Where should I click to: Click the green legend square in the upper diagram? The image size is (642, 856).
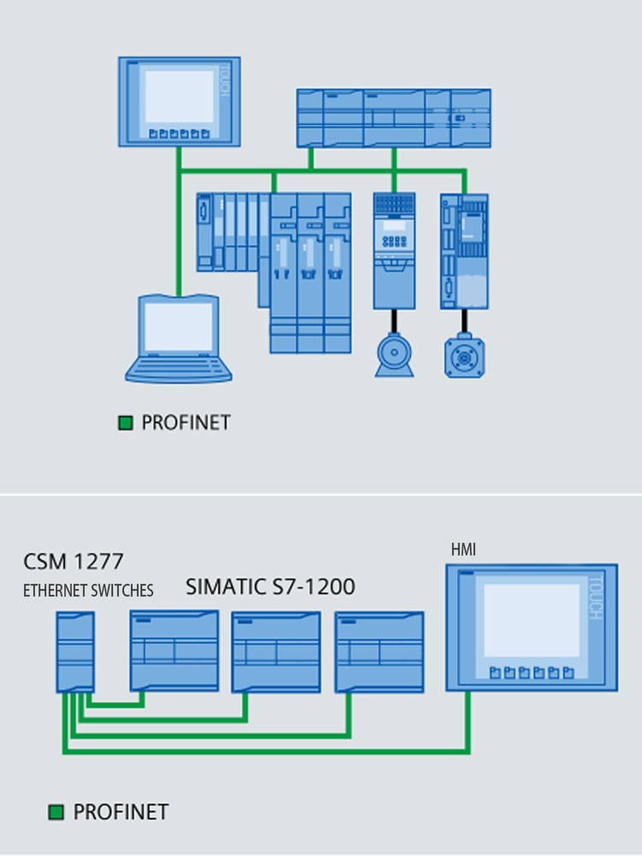(126, 422)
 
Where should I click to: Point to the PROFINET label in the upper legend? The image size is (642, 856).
(186, 422)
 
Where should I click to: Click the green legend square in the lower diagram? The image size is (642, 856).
(57, 811)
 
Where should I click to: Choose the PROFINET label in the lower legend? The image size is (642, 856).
(121, 811)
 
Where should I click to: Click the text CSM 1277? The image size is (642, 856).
(74, 562)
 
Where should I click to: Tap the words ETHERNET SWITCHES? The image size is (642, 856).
(88, 591)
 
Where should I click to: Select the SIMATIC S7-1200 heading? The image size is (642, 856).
(270, 587)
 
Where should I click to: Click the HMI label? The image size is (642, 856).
(463, 550)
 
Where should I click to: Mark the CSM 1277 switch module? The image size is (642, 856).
(74, 651)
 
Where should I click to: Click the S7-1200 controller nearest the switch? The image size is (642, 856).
(175, 651)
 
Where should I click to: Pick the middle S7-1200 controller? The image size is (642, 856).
(276, 651)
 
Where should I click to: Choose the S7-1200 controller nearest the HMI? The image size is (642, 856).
(379, 651)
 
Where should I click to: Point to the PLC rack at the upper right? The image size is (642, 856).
(394, 118)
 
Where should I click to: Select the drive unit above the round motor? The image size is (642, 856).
(394, 250)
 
